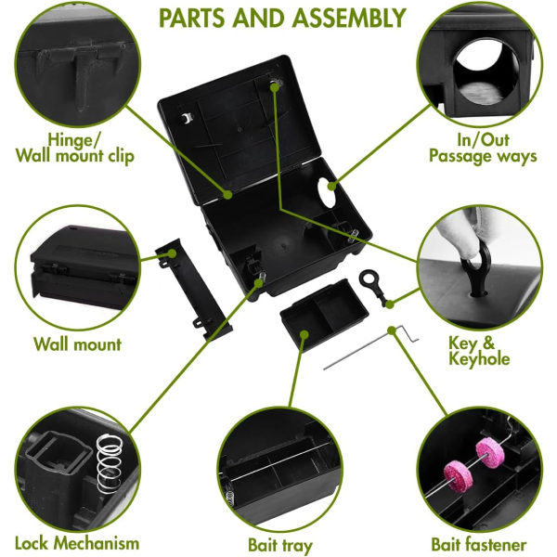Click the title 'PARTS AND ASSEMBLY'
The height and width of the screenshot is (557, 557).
(282, 18)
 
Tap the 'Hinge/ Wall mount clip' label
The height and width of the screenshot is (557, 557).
(75, 148)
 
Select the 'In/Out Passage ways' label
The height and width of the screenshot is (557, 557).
(483, 148)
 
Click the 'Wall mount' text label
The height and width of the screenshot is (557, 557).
(77, 344)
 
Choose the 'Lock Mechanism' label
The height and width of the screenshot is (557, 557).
(77, 543)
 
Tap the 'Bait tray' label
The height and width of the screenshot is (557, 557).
(279, 545)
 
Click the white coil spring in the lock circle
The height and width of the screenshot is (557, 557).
(110, 460)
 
